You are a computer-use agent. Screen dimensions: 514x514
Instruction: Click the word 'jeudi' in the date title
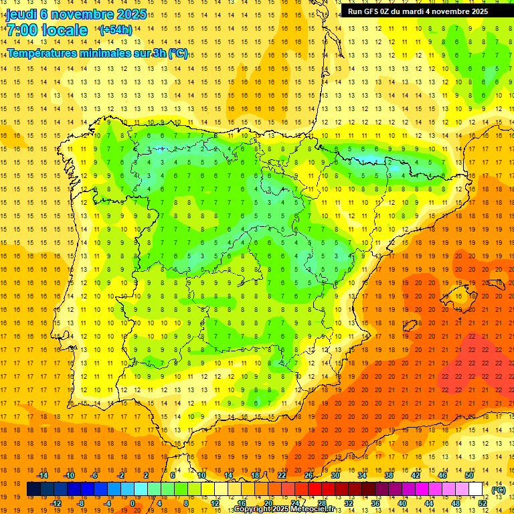click(21, 14)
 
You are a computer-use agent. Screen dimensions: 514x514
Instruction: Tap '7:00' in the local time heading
click(23, 31)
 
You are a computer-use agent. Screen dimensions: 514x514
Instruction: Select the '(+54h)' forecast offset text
click(116, 30)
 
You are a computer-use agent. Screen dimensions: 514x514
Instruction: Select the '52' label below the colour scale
click(483, 503)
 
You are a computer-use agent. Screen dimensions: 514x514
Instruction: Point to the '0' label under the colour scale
click(133, 503)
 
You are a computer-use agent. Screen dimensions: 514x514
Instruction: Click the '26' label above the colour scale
click(309, 475)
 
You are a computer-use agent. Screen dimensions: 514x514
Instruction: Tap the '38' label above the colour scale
click(389, 475)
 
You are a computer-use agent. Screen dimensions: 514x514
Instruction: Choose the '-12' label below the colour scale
click(56, 503)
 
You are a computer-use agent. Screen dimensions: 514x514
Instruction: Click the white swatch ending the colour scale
click(476, 489)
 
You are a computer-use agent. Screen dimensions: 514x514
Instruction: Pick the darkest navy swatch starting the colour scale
click(34, 489)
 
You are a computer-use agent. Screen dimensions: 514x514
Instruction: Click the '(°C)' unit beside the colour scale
click(498, 490)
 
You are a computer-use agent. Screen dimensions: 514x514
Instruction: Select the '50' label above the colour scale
click(469, 475)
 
